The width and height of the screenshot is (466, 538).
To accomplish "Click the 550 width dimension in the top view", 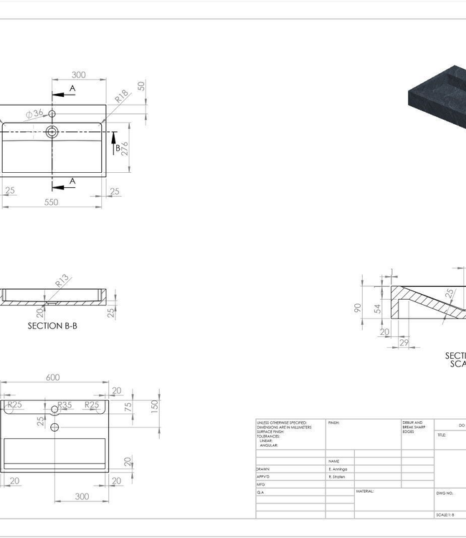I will pyautogui.click(x=51, y=202).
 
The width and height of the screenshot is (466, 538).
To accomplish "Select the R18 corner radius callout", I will pyautogui.click(x=122, y=95).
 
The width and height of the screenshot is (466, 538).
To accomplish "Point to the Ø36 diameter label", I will pyautogui.click(x=34, y=113).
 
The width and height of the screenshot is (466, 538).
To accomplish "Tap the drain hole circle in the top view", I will pyautogui.click(x=52, y=131).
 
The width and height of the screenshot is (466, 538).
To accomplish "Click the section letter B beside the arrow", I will pyautogui.click(x=118, y=148).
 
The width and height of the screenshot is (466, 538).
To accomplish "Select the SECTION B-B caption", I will pyautogui.click(x=52, y=325).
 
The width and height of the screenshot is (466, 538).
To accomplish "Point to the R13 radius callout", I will pyautogui.click(x=62, y=281).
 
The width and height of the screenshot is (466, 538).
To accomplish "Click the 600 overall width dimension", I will pyautogui.click(x=53, y=377).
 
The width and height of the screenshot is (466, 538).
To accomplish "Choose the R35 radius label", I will pyautogui.click(x=65, y=405).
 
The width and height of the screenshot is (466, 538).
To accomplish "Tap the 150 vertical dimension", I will pyautogui.click(x=154, y=406).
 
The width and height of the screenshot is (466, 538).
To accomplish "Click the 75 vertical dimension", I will pyautogui.click(x=128, y=406).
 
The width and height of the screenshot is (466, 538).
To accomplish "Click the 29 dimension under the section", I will pyautogui.click(x=404, y=344).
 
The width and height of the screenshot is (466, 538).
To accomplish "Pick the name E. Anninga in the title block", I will pyautogui.click(x=340, y=468).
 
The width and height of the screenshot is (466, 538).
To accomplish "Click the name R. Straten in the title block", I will pyautogui.click(x=339, y=476).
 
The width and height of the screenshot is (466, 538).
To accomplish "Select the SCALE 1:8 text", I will pyautogui.click(x=445, y=515).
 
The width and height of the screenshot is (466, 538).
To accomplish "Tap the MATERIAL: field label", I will pyautogui.click(x=366, y=492).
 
